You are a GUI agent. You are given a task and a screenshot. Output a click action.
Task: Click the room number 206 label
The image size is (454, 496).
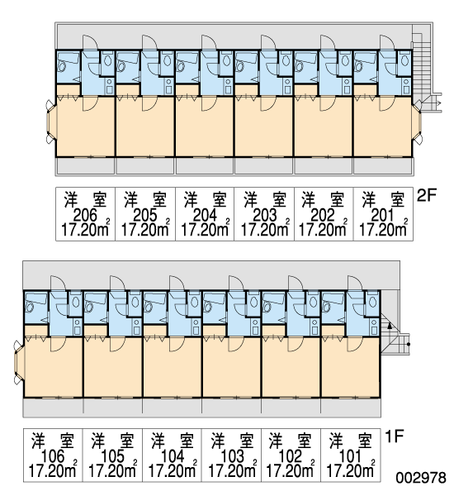click(x=85, y=216)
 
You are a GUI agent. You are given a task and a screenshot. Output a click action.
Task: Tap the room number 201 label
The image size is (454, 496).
click(x=383, y=216)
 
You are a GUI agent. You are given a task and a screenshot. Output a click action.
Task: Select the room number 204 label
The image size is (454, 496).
click(x=205, y=216)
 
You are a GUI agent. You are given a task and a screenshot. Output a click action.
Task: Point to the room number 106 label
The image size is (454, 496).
click(x=53, y=456)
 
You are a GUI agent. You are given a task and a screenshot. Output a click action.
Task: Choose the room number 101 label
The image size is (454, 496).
click(x=350, y=456)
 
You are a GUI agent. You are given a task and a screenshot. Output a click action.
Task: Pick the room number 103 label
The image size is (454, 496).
click(x=231, y=456)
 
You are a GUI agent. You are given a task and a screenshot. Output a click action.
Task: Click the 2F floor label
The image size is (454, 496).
click(x=426, y=196)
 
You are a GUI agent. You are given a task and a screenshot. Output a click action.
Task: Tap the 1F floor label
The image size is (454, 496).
click(x=395, y=436)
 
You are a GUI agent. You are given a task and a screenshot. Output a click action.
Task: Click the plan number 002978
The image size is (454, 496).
click(x=421, y=477)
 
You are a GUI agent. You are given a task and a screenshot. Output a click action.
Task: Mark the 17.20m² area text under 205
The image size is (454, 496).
click(x=145, y=229)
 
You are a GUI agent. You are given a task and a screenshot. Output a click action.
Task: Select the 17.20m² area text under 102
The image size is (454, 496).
click(x=291, y=470)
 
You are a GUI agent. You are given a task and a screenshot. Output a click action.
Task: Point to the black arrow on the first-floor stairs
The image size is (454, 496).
click(x=390, y=326)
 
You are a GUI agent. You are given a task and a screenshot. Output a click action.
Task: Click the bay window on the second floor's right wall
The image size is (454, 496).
click(x=418, y=122)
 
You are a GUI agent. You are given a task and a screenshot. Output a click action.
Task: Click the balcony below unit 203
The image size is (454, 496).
click(x=264, y=166)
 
